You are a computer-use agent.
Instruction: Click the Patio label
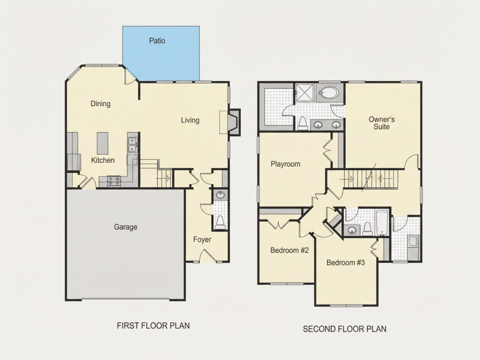pyautogui.click(x=157, y=41)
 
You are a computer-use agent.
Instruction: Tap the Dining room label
pyautogui.click(x=100, y=104)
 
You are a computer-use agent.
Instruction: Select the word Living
pyautogui.click(x=190, y=120)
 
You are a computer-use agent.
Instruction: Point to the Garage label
pyautogui.click(x=126, y=227)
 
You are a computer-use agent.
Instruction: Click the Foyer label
pyautogui.click(x=202, y=240)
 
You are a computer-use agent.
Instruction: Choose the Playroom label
pyautogui.click(x=285, y=164)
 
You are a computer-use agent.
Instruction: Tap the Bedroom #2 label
pyautogui.click(x=289, y=250)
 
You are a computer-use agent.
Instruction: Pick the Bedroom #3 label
pyautogui.click(x=346, y=263)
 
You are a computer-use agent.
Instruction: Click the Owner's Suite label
pyautogui.click(x=381, y=123)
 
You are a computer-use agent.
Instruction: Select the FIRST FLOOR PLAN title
pyautogui.click(x=153, y=326)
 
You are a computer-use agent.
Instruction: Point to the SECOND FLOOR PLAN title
pyautogui.click(x=344, y=329)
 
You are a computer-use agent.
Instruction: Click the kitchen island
pyautogui.click(x=103, y=143)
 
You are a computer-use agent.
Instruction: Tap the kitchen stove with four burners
pyautogui.click(x=114, y=181)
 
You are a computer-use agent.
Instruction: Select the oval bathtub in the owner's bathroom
pyautogui.click(x=329, y=92)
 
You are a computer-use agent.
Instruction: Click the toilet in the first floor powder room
pyautogui.click(x=220, y=223)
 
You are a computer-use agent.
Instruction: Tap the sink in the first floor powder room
pyautogui.click(x=220, y=195)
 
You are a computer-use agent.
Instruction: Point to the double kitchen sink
pyautogui.click(x=132, y=145)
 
